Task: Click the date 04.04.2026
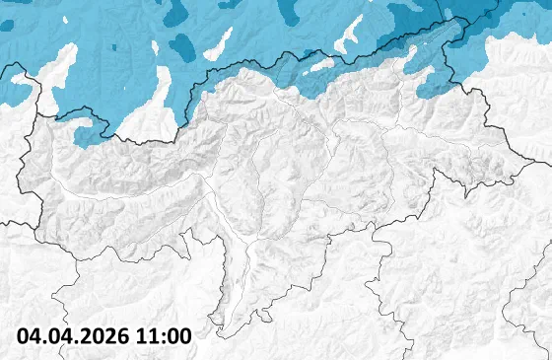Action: (x=74, y=335)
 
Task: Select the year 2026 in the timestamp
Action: (x=103, y=335)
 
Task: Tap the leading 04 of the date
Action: (x=30, y=335)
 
